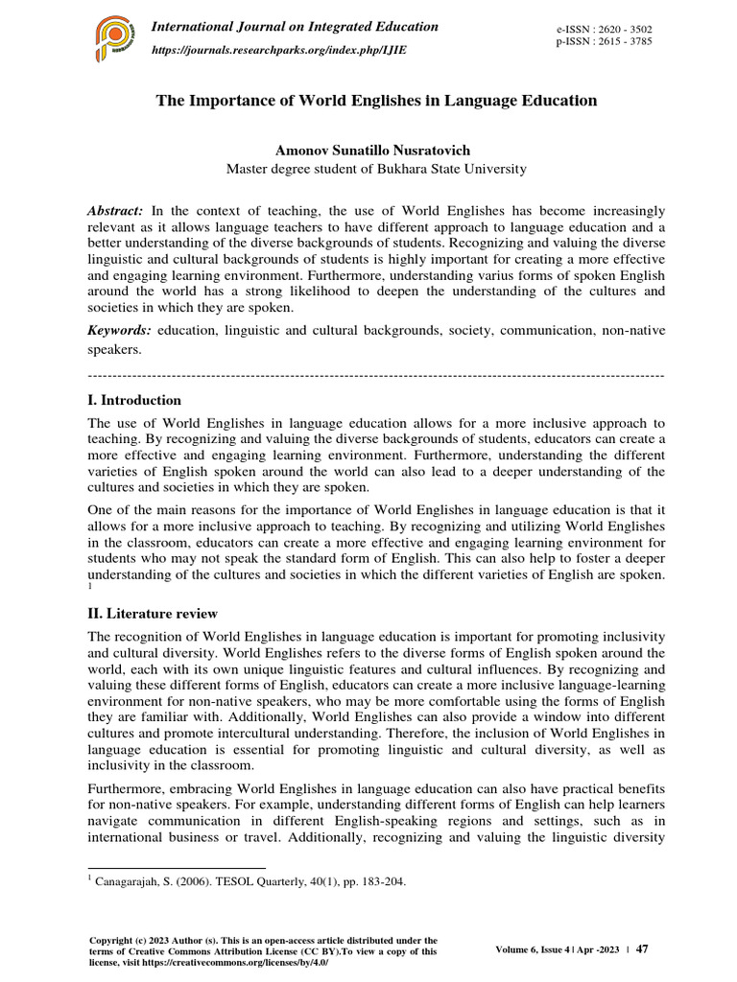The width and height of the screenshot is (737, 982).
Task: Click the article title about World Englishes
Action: [x=376, y=101]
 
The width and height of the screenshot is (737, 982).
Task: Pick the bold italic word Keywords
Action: [x=119, y=330]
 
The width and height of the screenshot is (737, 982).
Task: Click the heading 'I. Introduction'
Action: [x=133, y=400]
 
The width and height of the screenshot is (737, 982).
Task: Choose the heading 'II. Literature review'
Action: [x=152, y=613]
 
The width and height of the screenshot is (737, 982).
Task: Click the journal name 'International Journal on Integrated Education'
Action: [x=296, y=27]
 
